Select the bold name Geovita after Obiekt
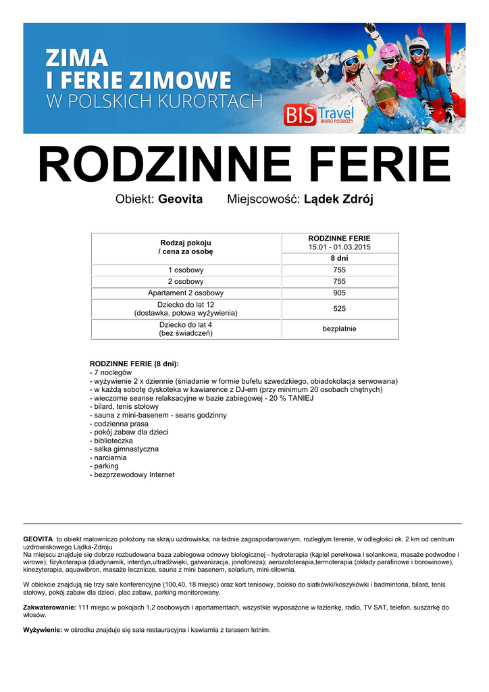(180, 200)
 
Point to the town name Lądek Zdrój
(338, 200)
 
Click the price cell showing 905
(339, 293)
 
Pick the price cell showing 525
(339, 308)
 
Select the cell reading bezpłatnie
(339, 329)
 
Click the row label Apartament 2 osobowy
(186, 293)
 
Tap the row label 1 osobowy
(186, 270)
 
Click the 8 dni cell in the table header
(339, 258)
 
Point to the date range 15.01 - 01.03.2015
(339, 247)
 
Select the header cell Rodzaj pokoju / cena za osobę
(186, 247)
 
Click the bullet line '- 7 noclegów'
(111, 372)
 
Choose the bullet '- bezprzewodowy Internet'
(132, 474)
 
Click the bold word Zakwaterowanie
(49, 608)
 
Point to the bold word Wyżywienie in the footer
(43, 630)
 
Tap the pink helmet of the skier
(390, 51)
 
